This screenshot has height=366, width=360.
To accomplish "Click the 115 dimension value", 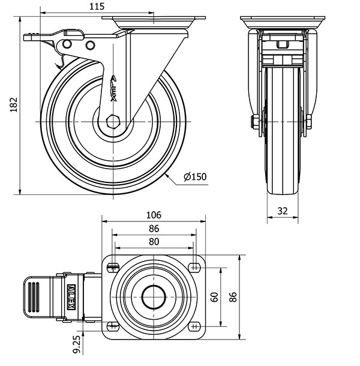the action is [x=97, y=7].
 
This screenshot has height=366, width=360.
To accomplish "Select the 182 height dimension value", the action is [x=14, y=104].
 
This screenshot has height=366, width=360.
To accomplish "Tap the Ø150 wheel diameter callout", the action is [x=195, y=176].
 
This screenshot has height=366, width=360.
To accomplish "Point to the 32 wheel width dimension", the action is [x=283, y=211].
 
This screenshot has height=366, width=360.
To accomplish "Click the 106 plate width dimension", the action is [x=154, y=215].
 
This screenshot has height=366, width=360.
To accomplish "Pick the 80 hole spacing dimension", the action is [x=154, y=242].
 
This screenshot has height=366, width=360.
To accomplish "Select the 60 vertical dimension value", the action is [x=215, y=297].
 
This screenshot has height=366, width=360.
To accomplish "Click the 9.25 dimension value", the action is [x=77, y=344].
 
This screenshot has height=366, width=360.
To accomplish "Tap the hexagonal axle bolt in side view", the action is [x=113, y=122].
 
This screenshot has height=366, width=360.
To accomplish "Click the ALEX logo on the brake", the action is [x=71, y=297].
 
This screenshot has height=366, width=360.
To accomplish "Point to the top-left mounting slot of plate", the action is [x=113, y=267].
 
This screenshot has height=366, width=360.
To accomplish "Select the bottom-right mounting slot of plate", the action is [x=195, y=326].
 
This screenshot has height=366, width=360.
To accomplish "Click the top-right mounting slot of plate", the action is [x=195, y=267].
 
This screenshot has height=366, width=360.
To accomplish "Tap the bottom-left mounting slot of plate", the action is [x=113, y=326].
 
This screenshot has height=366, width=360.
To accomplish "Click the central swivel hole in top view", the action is [x=154, y=297].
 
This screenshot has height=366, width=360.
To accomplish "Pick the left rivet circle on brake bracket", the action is [x=67, y=44].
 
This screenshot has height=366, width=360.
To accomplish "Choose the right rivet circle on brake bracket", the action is [x=90, y=45].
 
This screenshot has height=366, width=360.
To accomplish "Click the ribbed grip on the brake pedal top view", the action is [x=34, y=297].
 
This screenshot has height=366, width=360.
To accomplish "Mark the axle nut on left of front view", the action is [x=256, y=122].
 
